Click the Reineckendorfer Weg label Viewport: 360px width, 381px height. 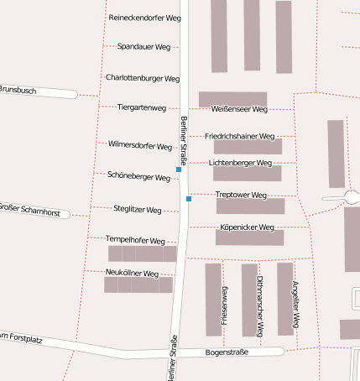(143, 18)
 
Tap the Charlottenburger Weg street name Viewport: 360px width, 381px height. (143, 78)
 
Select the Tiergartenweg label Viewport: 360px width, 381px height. (142, 107)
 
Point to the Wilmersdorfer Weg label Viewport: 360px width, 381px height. (140, 145)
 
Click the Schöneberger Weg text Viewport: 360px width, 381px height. (139, 176)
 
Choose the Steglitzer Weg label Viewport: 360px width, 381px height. (137, 208)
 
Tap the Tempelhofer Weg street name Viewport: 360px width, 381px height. (135, 240)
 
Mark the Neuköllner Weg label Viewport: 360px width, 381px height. (133, 274)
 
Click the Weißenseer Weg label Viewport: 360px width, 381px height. (239, 109)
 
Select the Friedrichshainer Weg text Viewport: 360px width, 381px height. (239, 136)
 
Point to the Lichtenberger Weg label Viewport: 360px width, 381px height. (240, 163)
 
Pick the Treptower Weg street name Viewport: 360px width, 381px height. (241, 195)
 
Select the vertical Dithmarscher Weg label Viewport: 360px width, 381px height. (260, 306)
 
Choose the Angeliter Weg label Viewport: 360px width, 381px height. (295, 303)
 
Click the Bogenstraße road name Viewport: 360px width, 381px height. (227, 352)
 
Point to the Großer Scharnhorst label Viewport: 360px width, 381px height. (29, 208)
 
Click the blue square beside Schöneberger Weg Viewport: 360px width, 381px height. (179, 170)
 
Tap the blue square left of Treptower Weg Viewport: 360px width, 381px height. (189, 199)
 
